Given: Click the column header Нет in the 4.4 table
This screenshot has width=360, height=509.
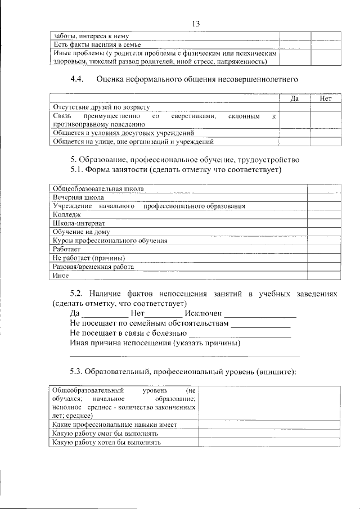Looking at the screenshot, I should (x=326, y=98).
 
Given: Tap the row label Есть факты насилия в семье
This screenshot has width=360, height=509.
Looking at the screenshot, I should (x=96, y=44).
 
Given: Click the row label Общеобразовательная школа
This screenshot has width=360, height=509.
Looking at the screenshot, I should (x=98, y=188).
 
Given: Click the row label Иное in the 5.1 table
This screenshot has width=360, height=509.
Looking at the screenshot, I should (x=61, y=276).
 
